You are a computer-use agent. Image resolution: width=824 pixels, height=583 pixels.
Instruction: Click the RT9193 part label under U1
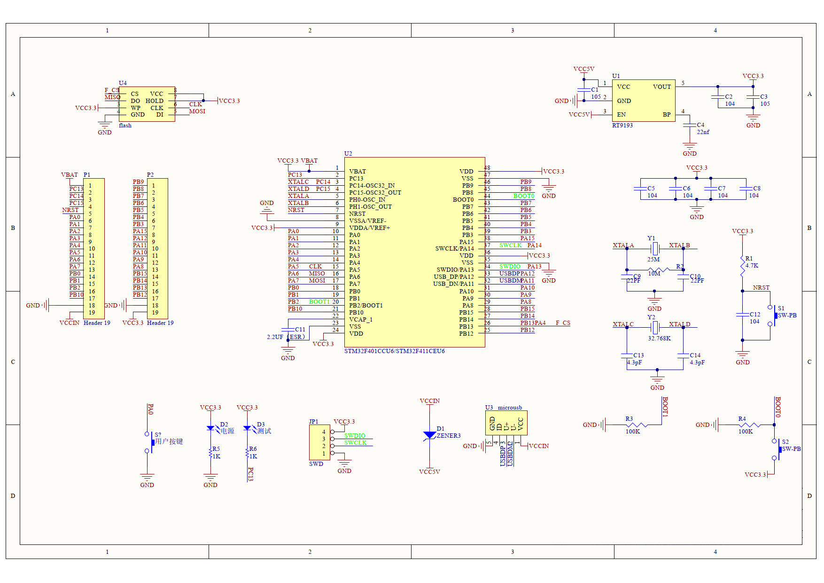click(x=622, y=125)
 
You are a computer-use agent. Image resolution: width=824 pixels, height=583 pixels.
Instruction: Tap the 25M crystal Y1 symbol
click(x=654, y=248)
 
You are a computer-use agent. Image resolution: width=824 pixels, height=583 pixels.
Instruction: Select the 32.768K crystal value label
click(x=659, y=338)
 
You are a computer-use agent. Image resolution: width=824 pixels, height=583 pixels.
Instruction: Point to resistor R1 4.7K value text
click(x=752, y=265)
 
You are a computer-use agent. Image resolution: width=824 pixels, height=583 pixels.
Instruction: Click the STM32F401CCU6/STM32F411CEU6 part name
click(x=394, y=351)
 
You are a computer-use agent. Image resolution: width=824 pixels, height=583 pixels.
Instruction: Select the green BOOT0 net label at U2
click(x=523, y=196)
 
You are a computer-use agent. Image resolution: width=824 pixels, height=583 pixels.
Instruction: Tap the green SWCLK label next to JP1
click(x=355, y=442)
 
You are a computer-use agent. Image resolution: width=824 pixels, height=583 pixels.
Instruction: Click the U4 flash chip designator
click(x=123, y=83)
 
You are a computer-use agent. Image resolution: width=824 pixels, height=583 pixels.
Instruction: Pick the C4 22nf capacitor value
click(x=703, y=132)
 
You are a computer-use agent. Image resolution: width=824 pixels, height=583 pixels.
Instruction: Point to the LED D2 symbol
click(x=210, y=428)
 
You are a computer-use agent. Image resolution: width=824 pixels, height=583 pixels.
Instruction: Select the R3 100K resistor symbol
click(x=637, y=425)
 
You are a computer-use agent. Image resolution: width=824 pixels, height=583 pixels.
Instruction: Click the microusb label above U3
click(x=510, y=407)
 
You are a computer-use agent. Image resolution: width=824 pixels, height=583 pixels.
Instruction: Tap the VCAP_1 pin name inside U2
click(x=360, y=319)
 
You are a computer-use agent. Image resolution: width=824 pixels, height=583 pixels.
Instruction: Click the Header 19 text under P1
click(x=97, y=323)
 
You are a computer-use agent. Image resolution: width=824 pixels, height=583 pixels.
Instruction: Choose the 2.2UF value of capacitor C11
click(x=275, y=337)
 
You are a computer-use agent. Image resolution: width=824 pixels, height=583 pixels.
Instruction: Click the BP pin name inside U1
click(x=666, y=114)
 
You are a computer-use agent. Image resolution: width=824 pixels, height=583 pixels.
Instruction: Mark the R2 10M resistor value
click(x=654, y=273)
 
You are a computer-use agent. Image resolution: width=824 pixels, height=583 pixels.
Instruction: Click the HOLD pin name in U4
click(x=154, y=101)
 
